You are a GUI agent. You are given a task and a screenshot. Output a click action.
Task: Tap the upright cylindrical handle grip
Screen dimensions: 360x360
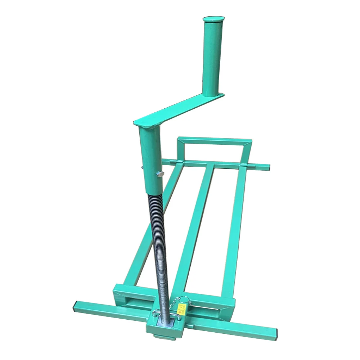click(x=213, y=58)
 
